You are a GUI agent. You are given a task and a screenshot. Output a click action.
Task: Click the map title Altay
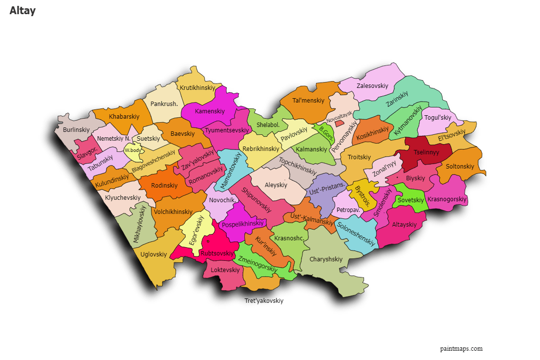click(x=22, y=11)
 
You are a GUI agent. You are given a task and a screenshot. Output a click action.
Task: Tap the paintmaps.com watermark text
click(x=461, y=348)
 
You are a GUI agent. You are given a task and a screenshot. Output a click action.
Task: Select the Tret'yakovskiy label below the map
click(x=264, y=301)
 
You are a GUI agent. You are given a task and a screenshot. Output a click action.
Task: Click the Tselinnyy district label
click(x=427, y=152)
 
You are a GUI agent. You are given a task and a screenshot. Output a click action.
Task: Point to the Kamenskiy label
click(x=210, y=111)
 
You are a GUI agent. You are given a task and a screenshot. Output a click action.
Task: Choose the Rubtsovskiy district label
click(x=216, y=253)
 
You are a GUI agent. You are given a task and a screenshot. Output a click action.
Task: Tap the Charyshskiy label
click(x=326, y=259)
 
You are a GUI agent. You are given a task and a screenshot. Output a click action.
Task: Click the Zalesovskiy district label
click(x=372, y=86)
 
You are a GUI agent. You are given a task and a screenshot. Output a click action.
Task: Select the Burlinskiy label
click(x=76, y=130)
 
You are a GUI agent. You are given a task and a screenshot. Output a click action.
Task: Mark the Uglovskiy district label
click(x=153, y=254)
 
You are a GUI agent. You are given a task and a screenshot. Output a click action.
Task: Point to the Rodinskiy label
click(x=164, y=186)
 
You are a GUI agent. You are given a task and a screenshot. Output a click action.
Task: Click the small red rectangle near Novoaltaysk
click(x=339, y=124)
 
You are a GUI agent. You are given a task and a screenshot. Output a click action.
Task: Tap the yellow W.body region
click(x=132, y=150)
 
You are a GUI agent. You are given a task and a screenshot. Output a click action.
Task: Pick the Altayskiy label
click(x=405, y=225)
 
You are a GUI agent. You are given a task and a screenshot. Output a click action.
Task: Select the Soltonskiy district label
click(x=460, y=167)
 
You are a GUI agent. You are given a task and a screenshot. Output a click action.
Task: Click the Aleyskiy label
click(x=276, y=185)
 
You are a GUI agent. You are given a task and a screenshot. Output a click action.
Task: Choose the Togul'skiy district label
click(x=437, y=117)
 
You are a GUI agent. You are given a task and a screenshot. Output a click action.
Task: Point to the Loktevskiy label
click(x=225, y=270)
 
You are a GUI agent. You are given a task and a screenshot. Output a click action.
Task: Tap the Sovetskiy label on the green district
click(x=410, y=200)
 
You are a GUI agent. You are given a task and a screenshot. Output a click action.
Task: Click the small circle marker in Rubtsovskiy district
click(x=208, y=241)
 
